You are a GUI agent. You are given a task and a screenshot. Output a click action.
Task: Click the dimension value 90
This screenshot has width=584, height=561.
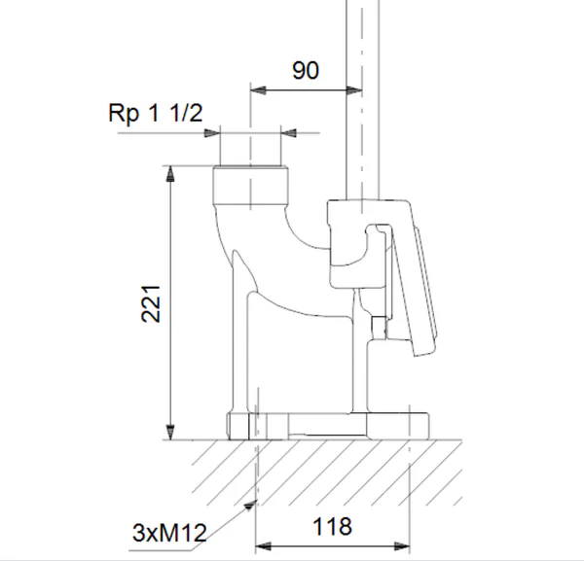tap(306, 70)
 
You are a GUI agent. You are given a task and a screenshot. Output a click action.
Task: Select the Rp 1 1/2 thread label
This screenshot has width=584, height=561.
tap(156, 113)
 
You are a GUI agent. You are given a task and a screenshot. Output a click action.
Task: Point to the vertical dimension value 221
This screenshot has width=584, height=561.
tap(151, 303)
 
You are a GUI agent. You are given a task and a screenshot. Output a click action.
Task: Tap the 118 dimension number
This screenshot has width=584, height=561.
tap(332, 526)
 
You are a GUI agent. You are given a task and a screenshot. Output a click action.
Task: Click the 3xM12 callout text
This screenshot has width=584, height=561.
tap(169, 533)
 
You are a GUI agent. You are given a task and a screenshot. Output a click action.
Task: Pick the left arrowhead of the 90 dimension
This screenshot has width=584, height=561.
tap(258, 90)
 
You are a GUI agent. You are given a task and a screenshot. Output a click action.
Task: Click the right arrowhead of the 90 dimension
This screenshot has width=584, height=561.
tap(354, 90)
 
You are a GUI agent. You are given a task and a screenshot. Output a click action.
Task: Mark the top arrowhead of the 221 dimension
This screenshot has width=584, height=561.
tap(170, 173)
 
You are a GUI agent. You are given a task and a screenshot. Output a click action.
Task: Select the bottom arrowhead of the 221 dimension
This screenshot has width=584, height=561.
tap(170, 432)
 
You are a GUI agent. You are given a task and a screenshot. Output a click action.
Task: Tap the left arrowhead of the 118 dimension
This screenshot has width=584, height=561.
tap(263, 546)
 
